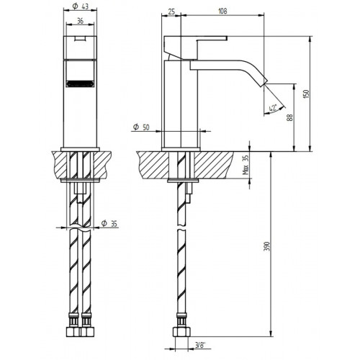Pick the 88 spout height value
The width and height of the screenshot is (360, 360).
coord(291,117)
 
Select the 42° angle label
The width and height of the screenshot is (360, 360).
coord(275,108)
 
